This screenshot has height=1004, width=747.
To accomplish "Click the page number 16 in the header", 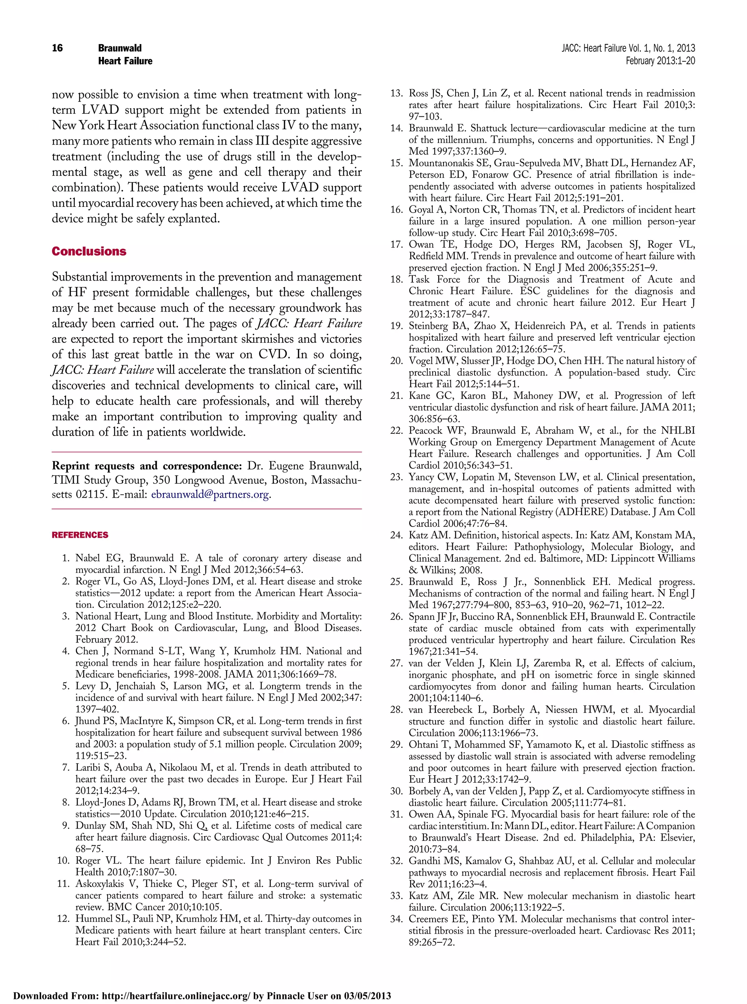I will (57, 48).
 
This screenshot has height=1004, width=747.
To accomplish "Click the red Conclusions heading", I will (89, 251).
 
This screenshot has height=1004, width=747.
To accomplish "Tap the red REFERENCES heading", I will (80, 535).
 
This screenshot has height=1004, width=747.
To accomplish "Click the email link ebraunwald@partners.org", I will (210, 494).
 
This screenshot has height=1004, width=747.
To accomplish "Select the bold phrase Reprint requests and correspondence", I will (147, 466).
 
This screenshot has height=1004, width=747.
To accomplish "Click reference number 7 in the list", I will (66, 768).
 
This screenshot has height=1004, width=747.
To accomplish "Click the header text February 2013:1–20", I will (660, 61).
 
